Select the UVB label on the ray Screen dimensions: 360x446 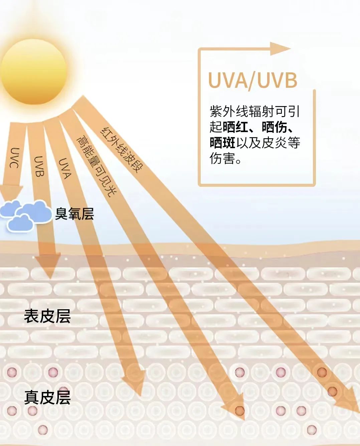39,166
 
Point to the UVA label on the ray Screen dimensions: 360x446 64,168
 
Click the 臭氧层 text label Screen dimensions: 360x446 74,214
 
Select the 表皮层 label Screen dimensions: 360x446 47,316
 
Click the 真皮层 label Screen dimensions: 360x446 47,397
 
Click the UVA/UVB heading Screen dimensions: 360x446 252,80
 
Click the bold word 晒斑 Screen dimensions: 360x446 222,143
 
